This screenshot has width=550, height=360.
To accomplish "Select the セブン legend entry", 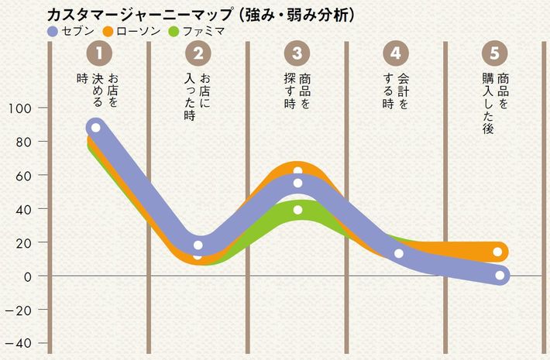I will [70, 32].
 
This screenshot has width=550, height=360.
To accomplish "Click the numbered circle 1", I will [99, 53].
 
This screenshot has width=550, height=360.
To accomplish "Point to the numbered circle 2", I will [198, 53].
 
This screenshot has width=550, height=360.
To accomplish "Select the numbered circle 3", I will [297, 53].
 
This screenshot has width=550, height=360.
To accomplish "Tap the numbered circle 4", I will [396, 53].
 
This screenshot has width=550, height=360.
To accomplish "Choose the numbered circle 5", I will [494, 53].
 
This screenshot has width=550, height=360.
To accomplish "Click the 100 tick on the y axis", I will [18, 108].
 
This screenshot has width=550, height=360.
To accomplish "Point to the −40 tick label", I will [18, 343].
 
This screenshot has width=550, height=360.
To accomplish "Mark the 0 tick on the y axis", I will [27, 276].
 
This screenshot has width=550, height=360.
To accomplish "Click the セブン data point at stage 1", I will [95, 128].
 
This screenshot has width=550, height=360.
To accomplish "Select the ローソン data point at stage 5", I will [497, 252].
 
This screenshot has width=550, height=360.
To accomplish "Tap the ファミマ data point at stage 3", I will [298, 210].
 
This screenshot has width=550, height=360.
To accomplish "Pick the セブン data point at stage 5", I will [500, 275].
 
